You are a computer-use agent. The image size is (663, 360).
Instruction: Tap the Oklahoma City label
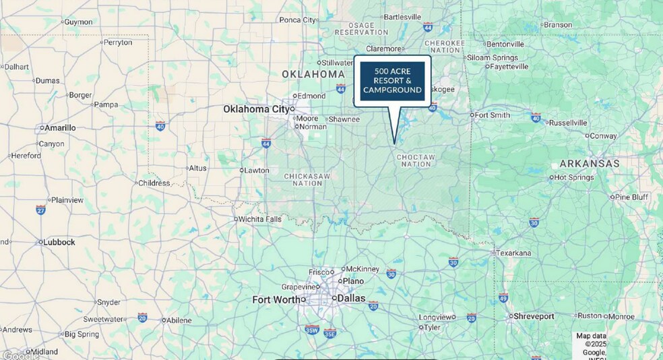(255, 109)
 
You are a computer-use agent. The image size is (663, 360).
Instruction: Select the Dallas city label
(351, 298)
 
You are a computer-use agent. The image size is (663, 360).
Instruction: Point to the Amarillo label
(60, 127)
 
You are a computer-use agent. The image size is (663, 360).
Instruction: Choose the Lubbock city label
(59, 241)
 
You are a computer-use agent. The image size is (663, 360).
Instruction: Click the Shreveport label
(534, 316)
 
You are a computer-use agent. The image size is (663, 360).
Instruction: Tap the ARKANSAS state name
(590, 164)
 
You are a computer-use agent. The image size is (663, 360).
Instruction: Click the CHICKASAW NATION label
(307, 179)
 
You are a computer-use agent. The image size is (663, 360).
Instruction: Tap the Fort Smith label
(493, 115)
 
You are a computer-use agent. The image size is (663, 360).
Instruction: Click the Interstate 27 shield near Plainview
(41, 210)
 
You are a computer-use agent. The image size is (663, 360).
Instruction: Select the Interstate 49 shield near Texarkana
(503, 297)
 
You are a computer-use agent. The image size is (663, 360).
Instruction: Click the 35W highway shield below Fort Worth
(311, 330)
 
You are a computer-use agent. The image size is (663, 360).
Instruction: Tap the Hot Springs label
(575, 177)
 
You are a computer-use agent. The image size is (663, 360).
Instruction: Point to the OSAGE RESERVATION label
(361, 29)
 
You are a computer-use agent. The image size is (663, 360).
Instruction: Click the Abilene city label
(179, 320)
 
